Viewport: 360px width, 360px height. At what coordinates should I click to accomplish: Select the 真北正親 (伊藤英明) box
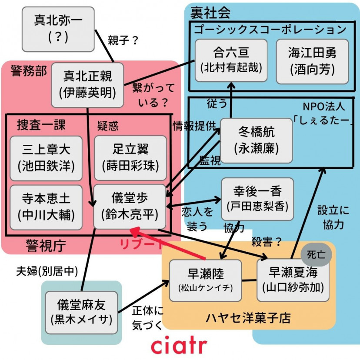point(87,85)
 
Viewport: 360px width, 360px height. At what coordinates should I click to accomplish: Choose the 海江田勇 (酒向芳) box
point(312,61)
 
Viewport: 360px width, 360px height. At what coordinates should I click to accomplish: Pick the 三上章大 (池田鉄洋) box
point(46,158)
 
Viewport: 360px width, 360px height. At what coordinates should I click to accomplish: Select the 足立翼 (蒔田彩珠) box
point(130,158)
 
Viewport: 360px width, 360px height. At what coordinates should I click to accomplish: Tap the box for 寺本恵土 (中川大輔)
point(46,207)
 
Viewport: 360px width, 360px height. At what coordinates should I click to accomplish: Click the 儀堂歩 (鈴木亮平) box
point(130,207)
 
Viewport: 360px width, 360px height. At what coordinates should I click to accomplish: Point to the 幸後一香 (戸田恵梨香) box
point(257,199)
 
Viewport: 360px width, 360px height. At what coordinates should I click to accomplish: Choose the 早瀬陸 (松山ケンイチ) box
point(205,281)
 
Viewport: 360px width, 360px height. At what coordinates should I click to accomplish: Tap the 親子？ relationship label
point(123,40)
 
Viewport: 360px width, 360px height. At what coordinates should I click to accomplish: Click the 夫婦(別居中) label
point(47,272)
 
